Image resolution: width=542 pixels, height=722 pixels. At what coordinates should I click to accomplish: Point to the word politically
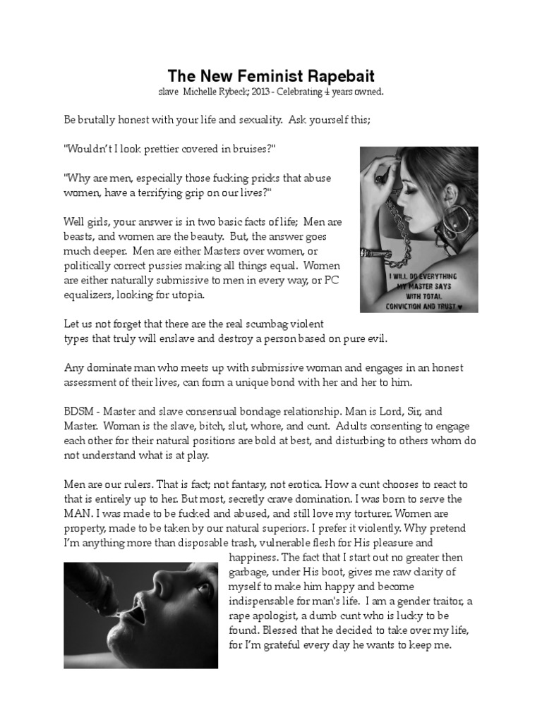tap(92, 266)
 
